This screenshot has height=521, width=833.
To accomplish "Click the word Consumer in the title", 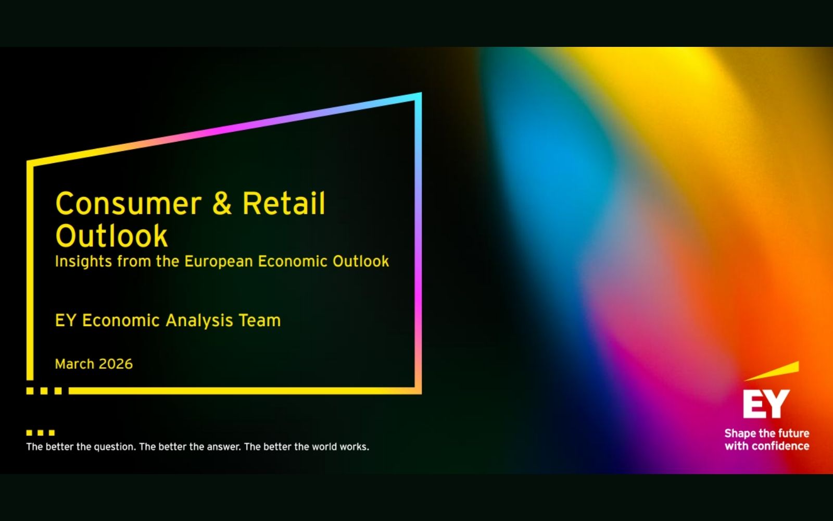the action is click(128, 204).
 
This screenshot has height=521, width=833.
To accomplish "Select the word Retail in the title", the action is click(284, 203).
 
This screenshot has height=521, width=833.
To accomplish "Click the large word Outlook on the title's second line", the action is click(111, 236).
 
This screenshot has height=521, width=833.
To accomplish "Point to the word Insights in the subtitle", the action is click(83, 261).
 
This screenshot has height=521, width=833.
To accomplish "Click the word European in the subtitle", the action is click(218, 261).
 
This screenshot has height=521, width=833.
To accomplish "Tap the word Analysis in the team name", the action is click(199, 320).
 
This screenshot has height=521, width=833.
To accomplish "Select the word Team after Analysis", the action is click(260, 320).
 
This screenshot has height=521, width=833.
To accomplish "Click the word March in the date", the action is click(74, 364).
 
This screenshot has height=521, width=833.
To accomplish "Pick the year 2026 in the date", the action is click(116, 364).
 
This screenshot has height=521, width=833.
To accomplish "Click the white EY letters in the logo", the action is click(766, 404).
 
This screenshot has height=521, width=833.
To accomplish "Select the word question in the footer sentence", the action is click(114, 446).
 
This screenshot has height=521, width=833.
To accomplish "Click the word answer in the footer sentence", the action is click(224, 446).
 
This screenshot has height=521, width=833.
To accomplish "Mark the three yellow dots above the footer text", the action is click(41, 433).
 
